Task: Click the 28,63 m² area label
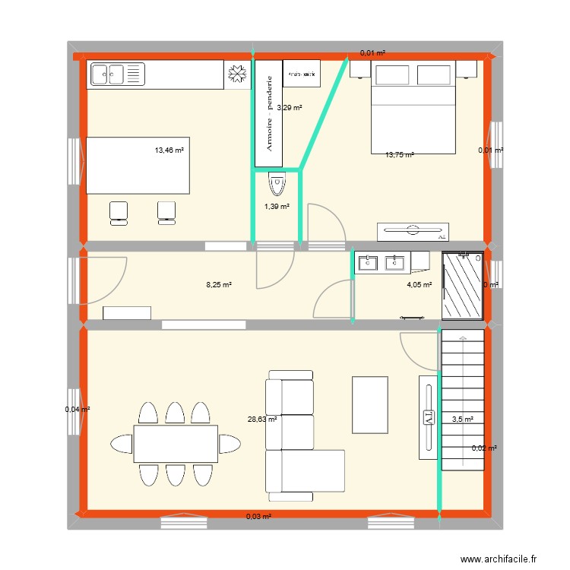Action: point(261,418)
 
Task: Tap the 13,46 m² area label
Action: point(169,150)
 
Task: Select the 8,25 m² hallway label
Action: point(218,285)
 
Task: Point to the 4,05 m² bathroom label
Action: point(419,285)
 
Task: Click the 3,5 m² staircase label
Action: point(462,419)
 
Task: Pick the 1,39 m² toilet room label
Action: point(276,207)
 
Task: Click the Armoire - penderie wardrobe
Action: point(268,114)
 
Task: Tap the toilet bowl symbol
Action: point(277,182)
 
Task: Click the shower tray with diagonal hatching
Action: point(463,285)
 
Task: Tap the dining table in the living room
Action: point(176,443)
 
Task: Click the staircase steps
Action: point(462,399)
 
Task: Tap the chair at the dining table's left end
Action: point(122,443)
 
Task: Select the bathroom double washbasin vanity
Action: point(382,262)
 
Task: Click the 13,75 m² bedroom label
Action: point(399,155)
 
